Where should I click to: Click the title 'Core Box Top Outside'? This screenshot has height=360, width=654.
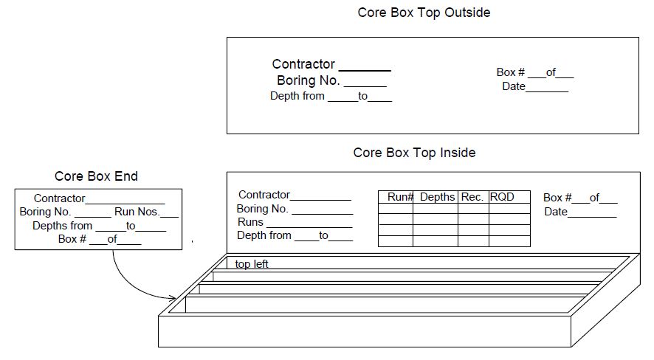tap(424, 13)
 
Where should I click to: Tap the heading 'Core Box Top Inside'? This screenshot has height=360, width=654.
tap(414, 153)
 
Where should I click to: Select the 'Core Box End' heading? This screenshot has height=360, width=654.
tap(96, 176)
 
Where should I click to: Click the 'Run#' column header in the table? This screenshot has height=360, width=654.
tap(400, 197)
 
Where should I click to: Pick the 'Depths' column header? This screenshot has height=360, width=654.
tap(437, 197)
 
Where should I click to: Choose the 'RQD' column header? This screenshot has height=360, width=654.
tap(502, 197)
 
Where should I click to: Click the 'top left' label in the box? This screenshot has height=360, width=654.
tap(252, 264)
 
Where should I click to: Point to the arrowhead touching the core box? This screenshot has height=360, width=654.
tap(173, 297)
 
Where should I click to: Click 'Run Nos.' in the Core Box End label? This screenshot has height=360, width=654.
tap(137, 212)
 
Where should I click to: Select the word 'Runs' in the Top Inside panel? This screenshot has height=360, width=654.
tap(250, 221)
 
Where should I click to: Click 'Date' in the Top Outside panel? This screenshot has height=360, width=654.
tap(514, 86)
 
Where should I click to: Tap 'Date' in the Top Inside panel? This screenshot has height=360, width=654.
tap(556, 212)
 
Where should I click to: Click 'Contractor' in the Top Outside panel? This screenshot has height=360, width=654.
tap(303, 64)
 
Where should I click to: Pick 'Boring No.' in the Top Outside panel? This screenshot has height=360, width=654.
tap(309, 80)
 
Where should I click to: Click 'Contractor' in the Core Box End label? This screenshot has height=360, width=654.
tap(59, 198)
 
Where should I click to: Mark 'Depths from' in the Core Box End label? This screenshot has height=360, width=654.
tap(62, 226)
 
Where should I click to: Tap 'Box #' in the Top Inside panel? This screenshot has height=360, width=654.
tap(557, 198)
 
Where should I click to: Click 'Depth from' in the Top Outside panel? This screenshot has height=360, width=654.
tap(297, 96)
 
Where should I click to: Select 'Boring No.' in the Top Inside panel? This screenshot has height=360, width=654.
tap(262, 208)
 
